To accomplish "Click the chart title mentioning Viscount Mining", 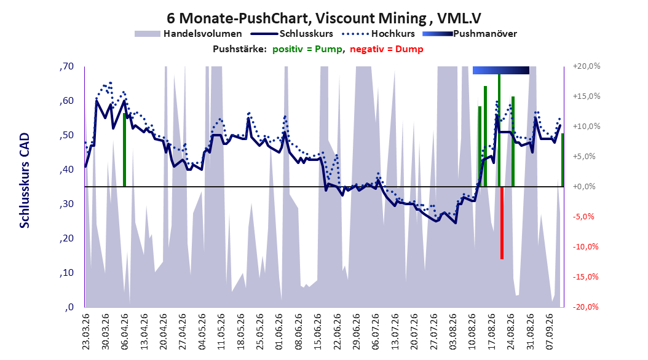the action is tap(324, 18).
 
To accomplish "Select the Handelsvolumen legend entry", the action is tap(188, 34).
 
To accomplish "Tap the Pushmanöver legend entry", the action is tap(470, 34).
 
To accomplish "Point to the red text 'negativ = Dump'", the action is tap(387, 49).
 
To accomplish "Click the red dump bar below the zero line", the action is tap(502, 223).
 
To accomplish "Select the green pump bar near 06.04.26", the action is tap(124, 150).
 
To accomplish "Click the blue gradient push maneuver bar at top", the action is tap(501, 70).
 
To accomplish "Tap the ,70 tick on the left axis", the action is tap(66, 66).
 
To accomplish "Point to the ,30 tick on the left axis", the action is tap(66, 204).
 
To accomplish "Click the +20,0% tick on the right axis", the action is tap(587, 66).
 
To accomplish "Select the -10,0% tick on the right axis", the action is tap(585, 247).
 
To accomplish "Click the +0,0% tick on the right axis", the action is tap(584, 187).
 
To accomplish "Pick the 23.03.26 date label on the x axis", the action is tap(86, 332).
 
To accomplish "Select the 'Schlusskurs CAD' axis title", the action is tap(25, 181).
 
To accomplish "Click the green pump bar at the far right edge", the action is tap(563, 160).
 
